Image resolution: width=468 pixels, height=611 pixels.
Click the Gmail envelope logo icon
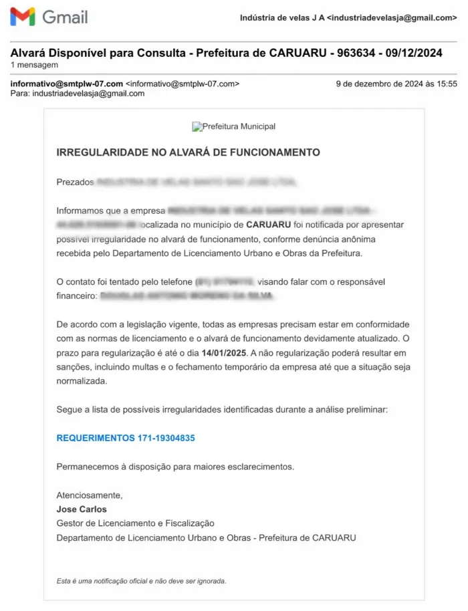coord(23,17)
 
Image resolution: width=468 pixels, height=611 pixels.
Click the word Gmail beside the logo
coord(65,17)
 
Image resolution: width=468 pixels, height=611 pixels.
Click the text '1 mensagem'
coord(34,65)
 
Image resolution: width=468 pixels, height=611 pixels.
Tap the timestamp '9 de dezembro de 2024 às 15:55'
coord(396,84)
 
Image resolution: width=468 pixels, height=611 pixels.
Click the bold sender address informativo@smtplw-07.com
coord(67,84)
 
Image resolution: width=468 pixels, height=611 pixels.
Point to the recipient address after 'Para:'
coord(88,94)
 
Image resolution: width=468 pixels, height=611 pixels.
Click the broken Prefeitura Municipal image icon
coord(197,126)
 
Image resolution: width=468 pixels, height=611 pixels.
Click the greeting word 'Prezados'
coord(75,182)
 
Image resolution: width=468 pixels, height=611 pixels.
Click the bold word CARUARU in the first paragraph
coord(268,225)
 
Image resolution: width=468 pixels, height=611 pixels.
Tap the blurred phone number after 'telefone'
coord(225,282)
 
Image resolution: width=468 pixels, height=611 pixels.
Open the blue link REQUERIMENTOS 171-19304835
coord(126,438)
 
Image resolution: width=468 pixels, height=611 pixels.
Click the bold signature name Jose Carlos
coord(82,509)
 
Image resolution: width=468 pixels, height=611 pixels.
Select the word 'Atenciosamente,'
coord(90,495)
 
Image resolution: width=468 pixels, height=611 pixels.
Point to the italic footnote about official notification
coord(141,581)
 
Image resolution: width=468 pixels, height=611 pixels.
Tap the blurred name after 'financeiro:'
coord(187,295)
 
